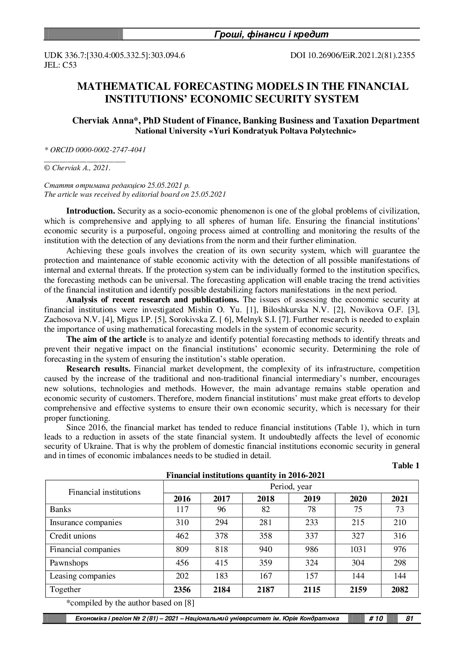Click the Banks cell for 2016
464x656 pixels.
182,509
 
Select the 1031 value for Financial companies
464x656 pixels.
358,549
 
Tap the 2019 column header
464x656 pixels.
312,499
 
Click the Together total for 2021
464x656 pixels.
400,590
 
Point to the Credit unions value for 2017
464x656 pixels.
222,536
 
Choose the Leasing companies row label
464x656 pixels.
82,576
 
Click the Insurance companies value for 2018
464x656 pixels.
266,522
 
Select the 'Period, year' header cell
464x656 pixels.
291,487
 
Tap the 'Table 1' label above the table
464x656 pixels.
406,465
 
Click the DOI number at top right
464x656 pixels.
352,56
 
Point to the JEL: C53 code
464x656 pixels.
61,65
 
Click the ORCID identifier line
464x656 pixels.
95,150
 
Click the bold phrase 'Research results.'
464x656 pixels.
98,369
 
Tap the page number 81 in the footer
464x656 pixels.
409,619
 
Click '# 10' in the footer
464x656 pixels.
376,619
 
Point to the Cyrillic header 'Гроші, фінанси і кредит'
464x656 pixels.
271,35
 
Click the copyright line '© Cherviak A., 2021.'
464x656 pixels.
77,168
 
